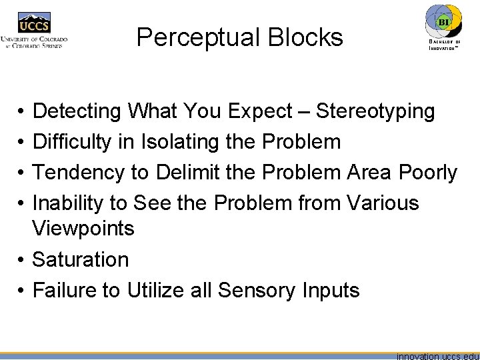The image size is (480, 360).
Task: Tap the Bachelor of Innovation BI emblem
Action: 443,24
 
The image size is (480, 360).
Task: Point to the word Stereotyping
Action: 375,111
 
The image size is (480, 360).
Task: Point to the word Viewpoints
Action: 83,229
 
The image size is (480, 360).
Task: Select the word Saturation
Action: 81,259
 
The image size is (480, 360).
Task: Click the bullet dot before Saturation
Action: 22,260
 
